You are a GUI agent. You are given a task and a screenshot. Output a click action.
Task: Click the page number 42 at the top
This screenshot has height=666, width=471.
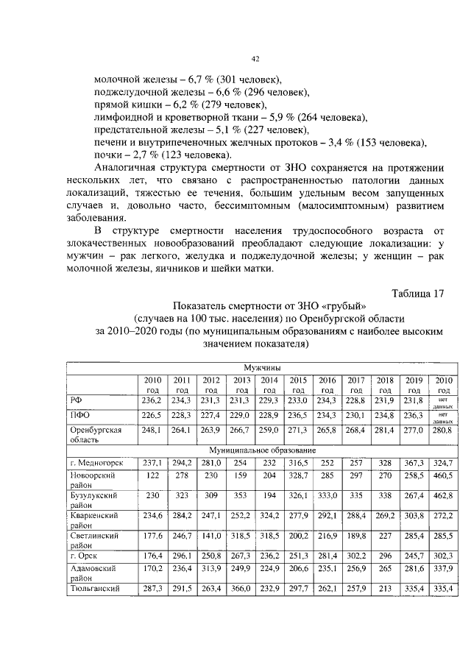255,59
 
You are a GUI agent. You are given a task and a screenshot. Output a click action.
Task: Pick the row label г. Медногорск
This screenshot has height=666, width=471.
96,462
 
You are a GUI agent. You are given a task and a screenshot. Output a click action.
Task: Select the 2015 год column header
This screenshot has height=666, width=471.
299,383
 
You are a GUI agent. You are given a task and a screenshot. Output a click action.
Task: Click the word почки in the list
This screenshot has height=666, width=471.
109,154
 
